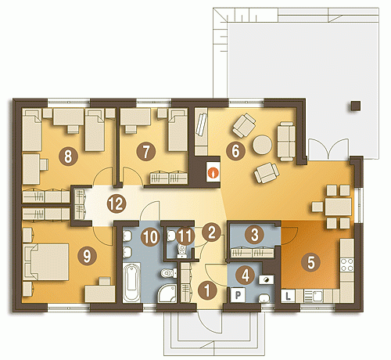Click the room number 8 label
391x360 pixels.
(x=68, y=157)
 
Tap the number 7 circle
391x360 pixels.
(x=146, y=151)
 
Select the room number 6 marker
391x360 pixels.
(x=235, y=150)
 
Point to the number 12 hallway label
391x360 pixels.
(x=117, y=203)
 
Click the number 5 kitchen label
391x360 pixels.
(x=311, y=262)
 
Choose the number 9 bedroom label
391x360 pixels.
(x=87, y=256)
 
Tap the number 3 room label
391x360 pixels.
(x=255, y=234)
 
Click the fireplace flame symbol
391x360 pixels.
(x=213, y=173)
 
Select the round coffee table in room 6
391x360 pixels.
(x=262, y=144)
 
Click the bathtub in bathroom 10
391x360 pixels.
(x=131, y=283)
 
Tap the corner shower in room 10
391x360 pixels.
(x=167, y=293)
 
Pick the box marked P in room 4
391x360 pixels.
(x=238, y=295)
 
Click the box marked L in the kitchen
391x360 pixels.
(x=288, y=296)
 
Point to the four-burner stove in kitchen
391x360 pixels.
(x=347, y=265)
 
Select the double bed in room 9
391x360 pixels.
(x=46, y=262)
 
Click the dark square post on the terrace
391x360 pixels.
(x=356, y=106)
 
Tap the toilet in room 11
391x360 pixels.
(x=182, y=251)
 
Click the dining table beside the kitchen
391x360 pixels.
(x=339, y=207)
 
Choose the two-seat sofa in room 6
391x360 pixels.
(x=286, y=141)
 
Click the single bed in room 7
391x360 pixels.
(x=178, y=130)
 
